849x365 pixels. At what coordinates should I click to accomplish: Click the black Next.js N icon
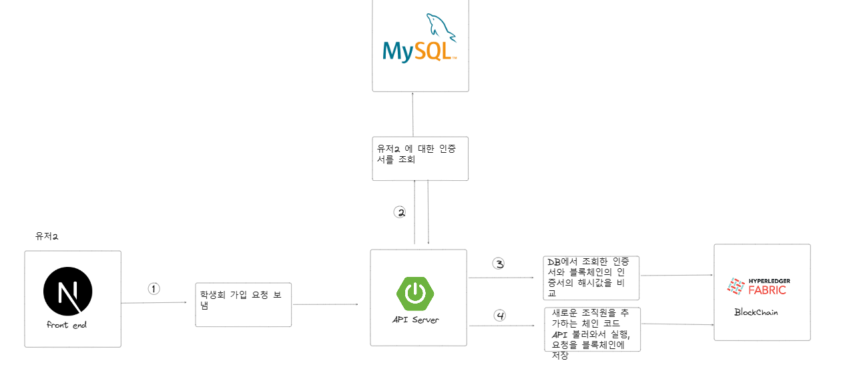pos(67,292)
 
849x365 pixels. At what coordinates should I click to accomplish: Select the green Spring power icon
pos(414,293)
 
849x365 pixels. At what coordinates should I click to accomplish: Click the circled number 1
pos(154,289)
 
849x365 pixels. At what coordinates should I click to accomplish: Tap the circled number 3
pos(499,263)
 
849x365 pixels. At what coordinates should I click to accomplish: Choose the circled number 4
pos(500,315)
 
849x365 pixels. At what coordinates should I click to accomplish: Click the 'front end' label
pos(67,325)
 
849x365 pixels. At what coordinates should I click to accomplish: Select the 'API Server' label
pos(416,320)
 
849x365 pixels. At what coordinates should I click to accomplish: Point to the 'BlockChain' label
pos(756,312)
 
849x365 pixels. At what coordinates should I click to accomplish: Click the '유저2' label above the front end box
pos(47,236)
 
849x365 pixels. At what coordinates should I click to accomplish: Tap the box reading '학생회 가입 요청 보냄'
pos(243,304)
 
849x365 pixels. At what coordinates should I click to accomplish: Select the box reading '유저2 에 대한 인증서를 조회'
pos(420,158)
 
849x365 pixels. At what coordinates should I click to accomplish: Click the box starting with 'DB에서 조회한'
pos(591,277)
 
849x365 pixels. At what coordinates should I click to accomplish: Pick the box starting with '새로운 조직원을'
pos(591,329)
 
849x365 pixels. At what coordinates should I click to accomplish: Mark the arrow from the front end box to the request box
pos(154,303)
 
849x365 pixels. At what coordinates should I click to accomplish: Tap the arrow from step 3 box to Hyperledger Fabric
pos(676,275)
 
